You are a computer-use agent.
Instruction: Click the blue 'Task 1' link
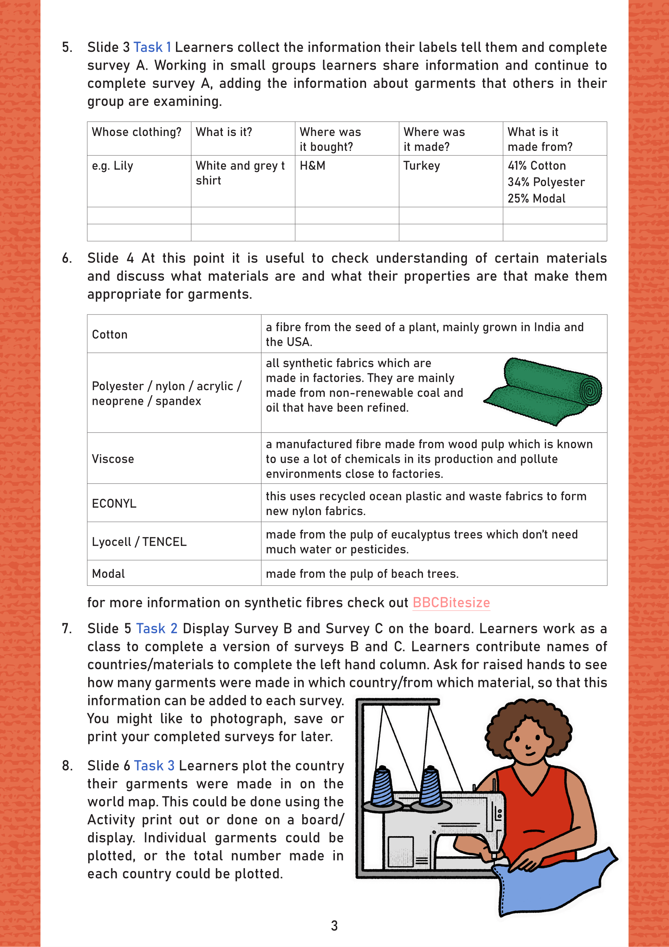click(x=152, y=47)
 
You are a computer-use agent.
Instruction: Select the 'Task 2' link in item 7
click(x=157, y=629)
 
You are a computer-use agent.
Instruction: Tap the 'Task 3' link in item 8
click(x=154, y=766)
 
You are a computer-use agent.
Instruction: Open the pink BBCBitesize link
click(x=451, y=603)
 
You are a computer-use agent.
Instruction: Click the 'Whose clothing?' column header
click(x=137, y=132)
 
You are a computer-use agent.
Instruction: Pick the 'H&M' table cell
click(x=313, y=166)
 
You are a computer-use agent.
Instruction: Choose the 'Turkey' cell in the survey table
click(x=422, y=166)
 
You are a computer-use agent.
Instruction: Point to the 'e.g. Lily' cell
click(x=113, y=166)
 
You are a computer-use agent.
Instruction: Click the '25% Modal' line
click(x=536, y=198)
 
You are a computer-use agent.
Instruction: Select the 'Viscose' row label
click(x=113, y=459)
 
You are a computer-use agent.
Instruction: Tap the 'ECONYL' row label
click(x=114, y=504)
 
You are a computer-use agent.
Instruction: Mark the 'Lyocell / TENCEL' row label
click(x=139, y=542)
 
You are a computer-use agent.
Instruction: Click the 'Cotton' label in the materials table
click(x=110, y=334)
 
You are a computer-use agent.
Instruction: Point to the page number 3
click(x=334, y=926)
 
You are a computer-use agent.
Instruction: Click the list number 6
click(x=67, y=259)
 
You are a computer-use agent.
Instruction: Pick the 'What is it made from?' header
click(x=540, y=139)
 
